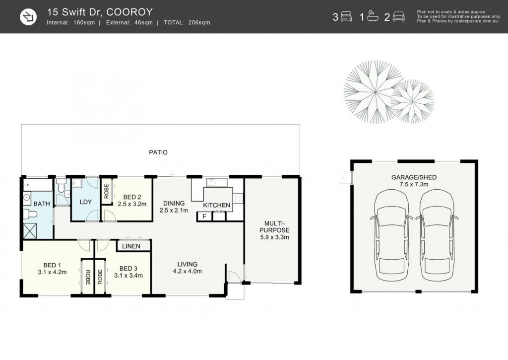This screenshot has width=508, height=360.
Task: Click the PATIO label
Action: (158, 152)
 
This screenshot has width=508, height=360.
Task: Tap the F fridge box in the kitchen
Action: (204, 216)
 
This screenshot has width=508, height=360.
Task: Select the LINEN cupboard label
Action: (131, 246)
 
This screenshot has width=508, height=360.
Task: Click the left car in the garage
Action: (391, 235)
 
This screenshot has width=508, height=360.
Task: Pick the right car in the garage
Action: (437, 235)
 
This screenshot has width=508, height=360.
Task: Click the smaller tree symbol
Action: (413, 101)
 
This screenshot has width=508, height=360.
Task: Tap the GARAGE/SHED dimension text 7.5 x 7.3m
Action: (414, 185)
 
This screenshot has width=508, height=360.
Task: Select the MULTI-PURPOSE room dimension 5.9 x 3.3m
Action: (274, 237)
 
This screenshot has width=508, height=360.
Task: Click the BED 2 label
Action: (132, 197)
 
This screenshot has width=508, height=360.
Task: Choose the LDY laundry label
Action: (85, 202)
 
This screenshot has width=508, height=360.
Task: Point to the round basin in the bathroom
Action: (27, 198)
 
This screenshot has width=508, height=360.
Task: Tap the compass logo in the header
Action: (28, 17)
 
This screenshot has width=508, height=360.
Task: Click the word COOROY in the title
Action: (129, 12)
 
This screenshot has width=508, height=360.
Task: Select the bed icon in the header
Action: (346, 16)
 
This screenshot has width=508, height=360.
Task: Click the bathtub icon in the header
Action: (373, 16)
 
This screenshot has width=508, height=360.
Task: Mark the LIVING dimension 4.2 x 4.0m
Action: (187, 271)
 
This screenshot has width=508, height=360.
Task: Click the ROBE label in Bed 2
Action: (107, 191)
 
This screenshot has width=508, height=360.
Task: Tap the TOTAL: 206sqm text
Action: (187, 23)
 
